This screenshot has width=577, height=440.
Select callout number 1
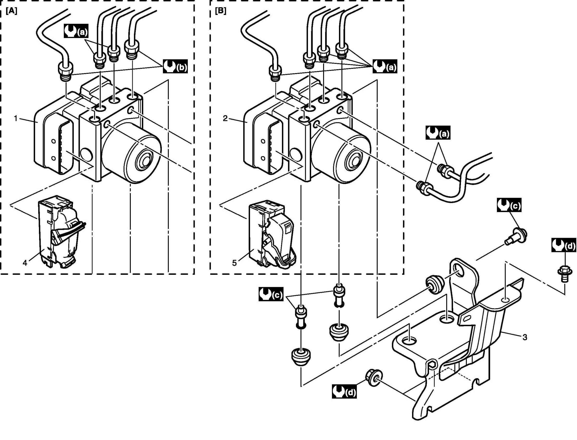click(x=15, y=118)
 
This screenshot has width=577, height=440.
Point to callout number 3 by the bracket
click(x=525, y=337)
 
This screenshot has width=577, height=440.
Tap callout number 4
click(x=25, y=263)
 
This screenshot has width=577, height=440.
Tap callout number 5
click(x=234, y=263)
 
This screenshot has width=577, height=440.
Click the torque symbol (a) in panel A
click(x=76, y=31)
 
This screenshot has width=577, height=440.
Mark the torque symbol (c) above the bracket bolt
click(x=509, y=205)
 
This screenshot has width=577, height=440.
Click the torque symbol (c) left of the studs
click(x=271, y=294)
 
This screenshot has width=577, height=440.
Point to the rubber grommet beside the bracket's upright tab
click(x=433, y=284)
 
